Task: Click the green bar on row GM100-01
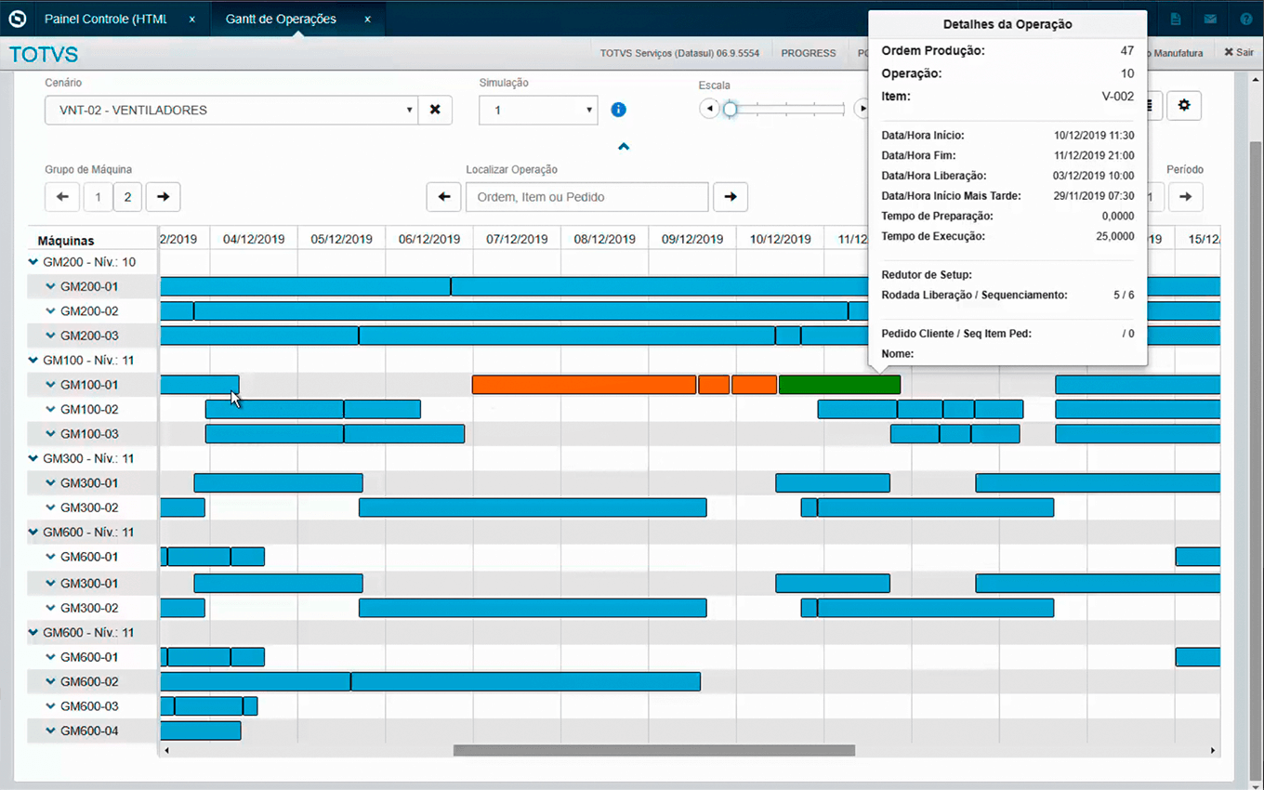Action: pyautogui.click(x=839, y=385)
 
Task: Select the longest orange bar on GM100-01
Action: pyautogui.click(x=584, y=385)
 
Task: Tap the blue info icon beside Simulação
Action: pyautogui.click(x=618, y=110)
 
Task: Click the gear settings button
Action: pyautogui.click(x=1184, y=106)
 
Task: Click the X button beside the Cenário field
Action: pyautogui.click(x=435, y=110)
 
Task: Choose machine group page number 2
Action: pyautogui.click(x=127, y=197)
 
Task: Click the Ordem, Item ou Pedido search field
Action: pyautogui.click(x=586, y=197)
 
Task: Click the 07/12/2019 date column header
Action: pyautogui.click(x=517, y=239)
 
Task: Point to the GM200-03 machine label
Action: pyautogui.click(x=89, y=336)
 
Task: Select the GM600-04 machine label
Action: pyautogui.click(x=89, y=731)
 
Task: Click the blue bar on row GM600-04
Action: pyautogui.click(x=201, y=731)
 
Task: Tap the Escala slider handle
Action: pyautogui.click(x=731, y=109)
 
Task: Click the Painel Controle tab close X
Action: pyautogui.click(x=191, y=20)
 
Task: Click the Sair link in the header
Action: pyautogui.click(x=1239, y=52)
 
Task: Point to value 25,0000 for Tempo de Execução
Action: pyautogui.click(x=1115, y=236)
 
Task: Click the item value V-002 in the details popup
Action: pyautogui.click(x=1118, y=97)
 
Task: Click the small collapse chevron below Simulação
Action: pyautogui.click(x=624, y=147)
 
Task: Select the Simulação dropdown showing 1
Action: pyautogui.click(x=538, y=110)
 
